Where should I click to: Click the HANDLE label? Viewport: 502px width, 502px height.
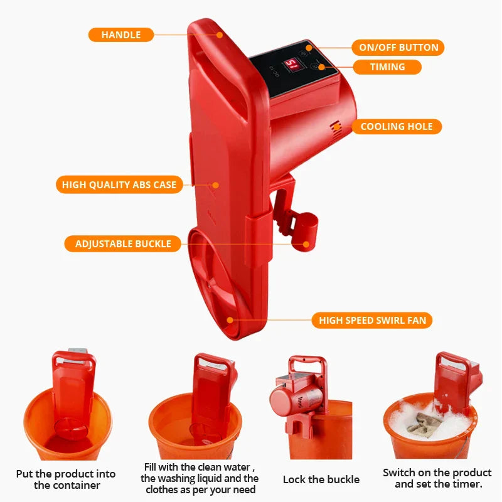pos(121,35)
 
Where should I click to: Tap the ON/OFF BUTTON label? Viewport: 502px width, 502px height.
pos(398,48)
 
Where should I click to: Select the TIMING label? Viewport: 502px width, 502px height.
pos(387,67)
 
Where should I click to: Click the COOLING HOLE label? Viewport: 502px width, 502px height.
pos(396,127)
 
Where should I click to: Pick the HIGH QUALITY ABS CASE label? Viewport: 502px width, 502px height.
pos(119,185)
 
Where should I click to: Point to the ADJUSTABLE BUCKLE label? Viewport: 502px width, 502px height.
pos(123,244)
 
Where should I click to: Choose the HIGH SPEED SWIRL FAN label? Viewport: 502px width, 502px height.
pos(372,321)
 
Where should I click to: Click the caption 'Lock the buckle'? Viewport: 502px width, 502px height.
pos(321,479)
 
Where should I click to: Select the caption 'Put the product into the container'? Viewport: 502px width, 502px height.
pos(67,479)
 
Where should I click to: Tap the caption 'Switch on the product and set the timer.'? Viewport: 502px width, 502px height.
pos(437,478)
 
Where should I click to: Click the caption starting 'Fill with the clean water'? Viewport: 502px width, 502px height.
pos(199,478)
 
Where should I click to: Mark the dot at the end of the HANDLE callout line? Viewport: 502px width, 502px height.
pos(220,35)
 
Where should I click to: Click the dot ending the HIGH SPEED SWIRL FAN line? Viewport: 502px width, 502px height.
pos(230,319)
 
